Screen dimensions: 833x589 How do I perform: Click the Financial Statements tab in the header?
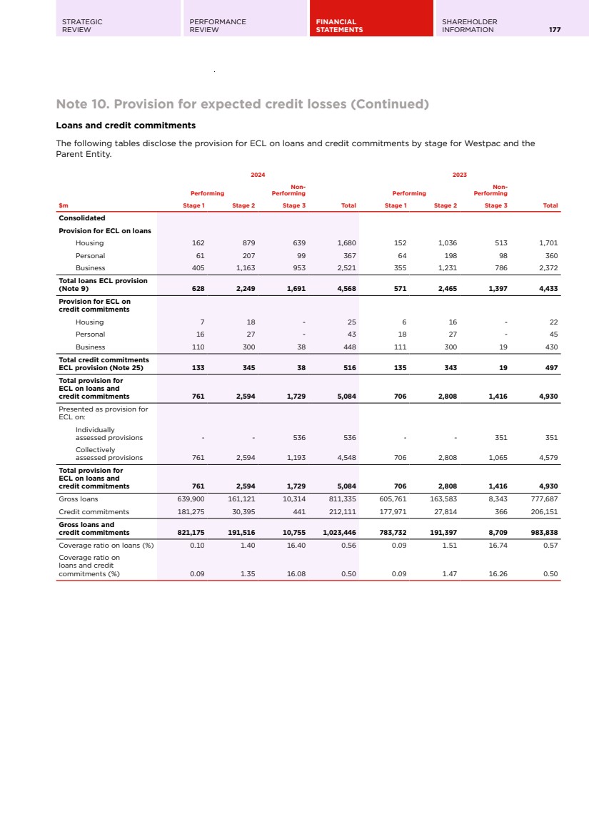tap(339, 26)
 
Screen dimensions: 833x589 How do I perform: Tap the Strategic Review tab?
tap(82, 26)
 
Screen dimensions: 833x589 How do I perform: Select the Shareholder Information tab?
tap(469, 26)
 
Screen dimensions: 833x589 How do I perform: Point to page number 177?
tap(555, 30)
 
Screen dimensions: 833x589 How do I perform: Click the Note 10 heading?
tap(242, 105)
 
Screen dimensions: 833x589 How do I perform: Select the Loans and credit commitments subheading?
tap(126, 126)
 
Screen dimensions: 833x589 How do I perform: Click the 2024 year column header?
tap(258, 174)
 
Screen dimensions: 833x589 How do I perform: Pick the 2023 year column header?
tap(460, 174)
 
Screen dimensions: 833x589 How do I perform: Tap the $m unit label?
tap(64, 205)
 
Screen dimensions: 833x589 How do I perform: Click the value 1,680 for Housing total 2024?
tap(346, 243)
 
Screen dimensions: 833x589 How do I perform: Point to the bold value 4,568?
tap(346, 288)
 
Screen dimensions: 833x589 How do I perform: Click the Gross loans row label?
tap(79, 499)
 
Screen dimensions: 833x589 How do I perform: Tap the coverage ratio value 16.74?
tap(498, 545)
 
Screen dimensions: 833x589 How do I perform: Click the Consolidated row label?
tap(82, 218)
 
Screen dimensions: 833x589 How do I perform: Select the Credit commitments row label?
tap(94, 511)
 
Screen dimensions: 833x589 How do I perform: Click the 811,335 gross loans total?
tap(343, 499)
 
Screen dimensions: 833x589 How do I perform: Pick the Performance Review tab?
tap(218, 26)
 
